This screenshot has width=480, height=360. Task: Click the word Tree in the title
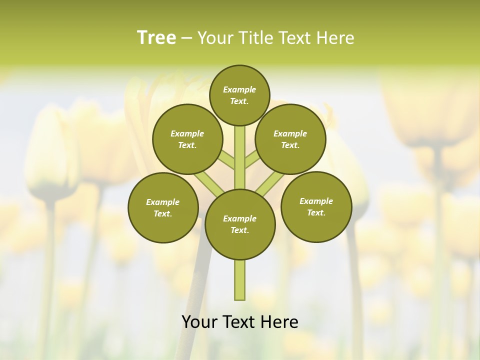(x=156, y=38)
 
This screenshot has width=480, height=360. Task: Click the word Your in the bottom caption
(x=199, y=322)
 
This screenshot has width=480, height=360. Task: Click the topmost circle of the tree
(x=239, y=95)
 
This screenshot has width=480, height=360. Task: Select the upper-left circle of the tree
(x=187, y=139)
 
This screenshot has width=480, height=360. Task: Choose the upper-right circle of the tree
(x=290, y=139)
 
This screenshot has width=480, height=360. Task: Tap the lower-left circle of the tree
(x=163, y=207)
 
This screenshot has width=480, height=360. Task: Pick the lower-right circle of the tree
(x=316, y=206)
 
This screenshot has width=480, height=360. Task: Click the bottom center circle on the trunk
(x=240, y=224)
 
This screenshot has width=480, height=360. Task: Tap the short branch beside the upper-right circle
(x=252, y=160)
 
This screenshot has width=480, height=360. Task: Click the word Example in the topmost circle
(x=239, y=89)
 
